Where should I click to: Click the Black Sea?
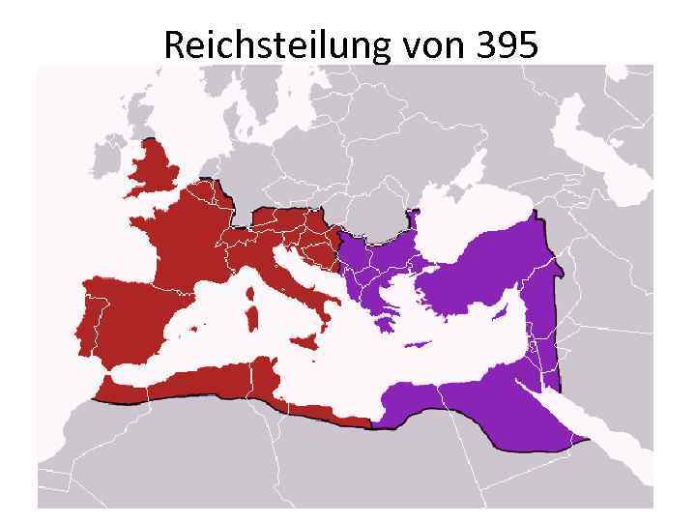pyautogui.click(x=474, y=217)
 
